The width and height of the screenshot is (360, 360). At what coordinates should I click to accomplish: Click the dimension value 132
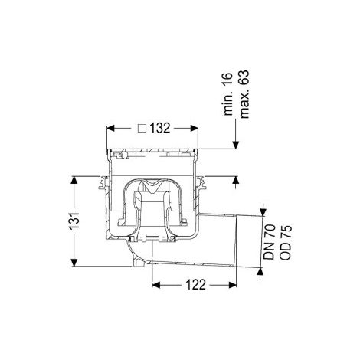click(x=159, y=128)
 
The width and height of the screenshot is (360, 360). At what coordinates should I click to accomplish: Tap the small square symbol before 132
click(x=142, y=128)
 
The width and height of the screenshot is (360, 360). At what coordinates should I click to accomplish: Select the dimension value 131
click(x=74, y=221)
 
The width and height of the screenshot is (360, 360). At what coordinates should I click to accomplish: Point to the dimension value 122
click(x=195, y=285)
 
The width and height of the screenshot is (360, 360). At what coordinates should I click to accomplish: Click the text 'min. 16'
click(x=228, y=93)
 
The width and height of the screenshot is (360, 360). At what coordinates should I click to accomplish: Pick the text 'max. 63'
click(x=244, y=94)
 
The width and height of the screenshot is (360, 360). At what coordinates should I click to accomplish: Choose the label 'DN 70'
click(x=270, y=242)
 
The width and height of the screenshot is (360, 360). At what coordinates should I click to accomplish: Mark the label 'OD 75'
click(x=285, y=242)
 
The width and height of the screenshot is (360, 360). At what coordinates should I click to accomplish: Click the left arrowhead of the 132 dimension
click(x=110, y=128)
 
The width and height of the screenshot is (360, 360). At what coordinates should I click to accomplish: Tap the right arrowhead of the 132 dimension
click(x=195, y=128)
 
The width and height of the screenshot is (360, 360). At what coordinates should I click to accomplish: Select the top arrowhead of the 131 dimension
click(x=74, y=180)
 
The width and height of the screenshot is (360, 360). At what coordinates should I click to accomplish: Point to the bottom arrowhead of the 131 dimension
click(x=74, y=263)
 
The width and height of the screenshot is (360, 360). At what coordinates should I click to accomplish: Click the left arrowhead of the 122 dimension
click(x=156, y=285)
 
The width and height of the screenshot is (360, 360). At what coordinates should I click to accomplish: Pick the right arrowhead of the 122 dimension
click(x=232, y=285)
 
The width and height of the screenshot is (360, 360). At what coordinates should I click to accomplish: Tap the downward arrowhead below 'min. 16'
click(x=236, y=145)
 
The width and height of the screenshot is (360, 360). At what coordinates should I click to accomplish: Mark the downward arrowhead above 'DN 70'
click(x=263, y=212)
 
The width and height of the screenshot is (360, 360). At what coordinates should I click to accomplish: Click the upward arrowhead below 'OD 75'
click(x=260, y=271)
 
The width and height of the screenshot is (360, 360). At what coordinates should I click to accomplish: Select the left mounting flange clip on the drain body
click(x=103, y=183)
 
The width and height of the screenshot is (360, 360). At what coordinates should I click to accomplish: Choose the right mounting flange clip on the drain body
click(x=202, y=183)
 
